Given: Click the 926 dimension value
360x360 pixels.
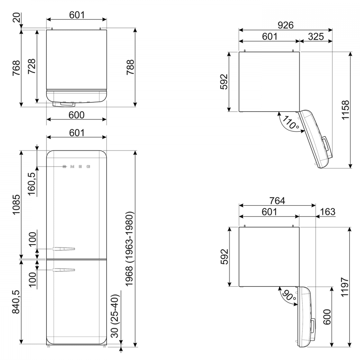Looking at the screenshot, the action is (x=285, y=25).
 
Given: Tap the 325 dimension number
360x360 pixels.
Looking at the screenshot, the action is (x=316, y=36).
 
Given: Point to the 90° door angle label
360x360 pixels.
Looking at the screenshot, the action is (x=289, y=296).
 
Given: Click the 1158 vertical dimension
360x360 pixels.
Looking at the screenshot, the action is (x=345, y=110).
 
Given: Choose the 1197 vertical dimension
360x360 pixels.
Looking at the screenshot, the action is (x=345, y=287).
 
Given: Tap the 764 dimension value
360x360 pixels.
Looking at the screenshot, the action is (x=277, y=201).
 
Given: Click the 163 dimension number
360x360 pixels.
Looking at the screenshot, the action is (x=327, y=212).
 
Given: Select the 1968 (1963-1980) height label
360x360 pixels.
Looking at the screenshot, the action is (x=129, y=249).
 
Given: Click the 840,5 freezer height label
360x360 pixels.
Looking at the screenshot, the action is (x=16, y=302).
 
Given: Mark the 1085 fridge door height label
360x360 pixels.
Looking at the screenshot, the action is (x=16, y=204).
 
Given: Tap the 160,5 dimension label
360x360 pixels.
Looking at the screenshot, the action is (x=32, y=184).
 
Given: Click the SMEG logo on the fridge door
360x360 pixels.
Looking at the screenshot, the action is (x=76, y=167).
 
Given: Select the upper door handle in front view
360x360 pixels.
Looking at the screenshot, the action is (x=64, y=249).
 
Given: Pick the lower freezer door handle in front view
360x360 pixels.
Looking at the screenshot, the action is (x=64, y=270).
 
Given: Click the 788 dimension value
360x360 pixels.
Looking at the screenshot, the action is (x=130, y=67).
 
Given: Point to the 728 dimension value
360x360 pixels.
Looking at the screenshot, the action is (x=32, y=66).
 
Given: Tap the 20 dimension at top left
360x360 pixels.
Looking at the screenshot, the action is (x=16, y=17).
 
